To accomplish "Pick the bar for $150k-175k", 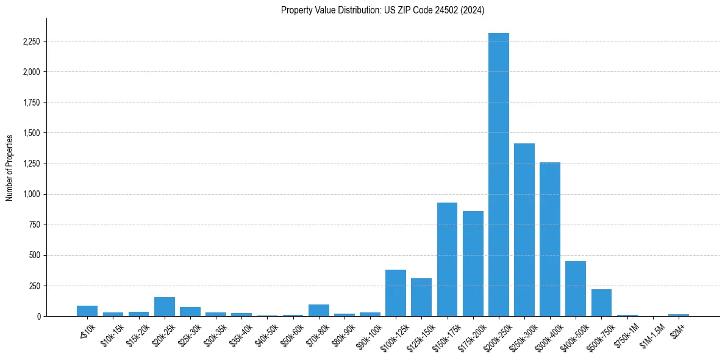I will (447, 259).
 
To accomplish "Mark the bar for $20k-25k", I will (165, 306).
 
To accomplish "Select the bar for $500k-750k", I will (601, 303).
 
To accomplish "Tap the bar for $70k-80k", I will (318, 310).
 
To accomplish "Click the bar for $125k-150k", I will (421, 297).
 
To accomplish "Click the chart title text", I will (382, 10).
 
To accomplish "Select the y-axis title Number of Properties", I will (10, 167).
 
